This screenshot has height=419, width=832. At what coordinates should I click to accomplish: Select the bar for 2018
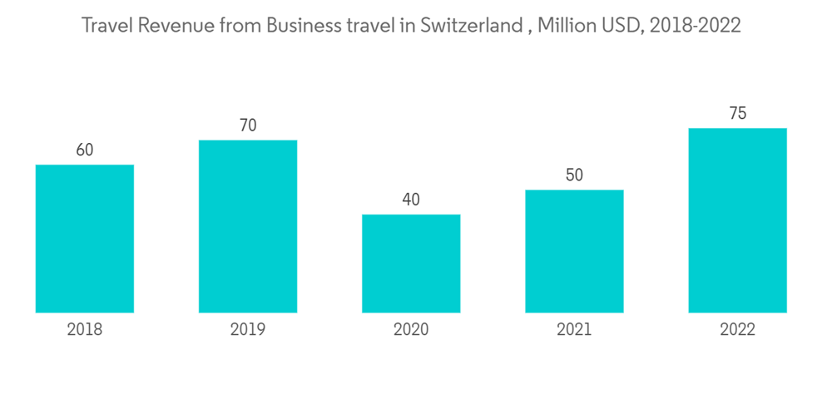click(85, 239)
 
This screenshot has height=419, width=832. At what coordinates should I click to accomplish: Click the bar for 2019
click(248, 226)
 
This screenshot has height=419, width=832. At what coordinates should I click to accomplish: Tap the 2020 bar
click(411, 264)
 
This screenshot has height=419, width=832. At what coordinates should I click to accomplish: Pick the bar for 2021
click(574, 251)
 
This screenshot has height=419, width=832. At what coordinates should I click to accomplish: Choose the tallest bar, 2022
click(737, 220)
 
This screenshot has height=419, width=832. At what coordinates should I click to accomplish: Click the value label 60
click(85, 150)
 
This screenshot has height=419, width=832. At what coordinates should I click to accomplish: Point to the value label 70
click(248, 126)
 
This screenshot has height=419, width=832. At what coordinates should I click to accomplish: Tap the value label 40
click(411, 200)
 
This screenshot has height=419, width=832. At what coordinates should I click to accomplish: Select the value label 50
click(574, 175)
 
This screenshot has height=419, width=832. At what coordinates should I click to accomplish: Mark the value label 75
click(737, 114)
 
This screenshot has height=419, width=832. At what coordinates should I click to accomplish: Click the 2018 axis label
click(85, 330)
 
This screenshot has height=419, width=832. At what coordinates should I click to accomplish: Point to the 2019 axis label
click(248, 330)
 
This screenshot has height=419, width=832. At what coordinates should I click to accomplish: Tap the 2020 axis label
click(411, 330)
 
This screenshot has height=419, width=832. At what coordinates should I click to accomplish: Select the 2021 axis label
click(574, 330)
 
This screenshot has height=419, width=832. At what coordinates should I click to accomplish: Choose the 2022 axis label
click(737, 330)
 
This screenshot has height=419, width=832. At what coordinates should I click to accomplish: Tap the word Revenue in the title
click(176, 26)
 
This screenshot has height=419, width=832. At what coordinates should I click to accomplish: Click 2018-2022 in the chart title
click(695, 26)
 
